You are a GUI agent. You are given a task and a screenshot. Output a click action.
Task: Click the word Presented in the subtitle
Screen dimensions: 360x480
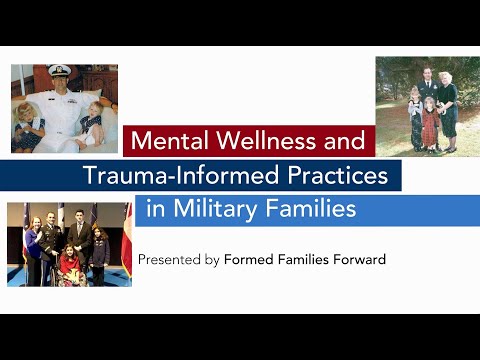tap(168, 260)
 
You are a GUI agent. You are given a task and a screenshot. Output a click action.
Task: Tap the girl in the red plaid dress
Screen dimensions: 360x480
tap(429, 124)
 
